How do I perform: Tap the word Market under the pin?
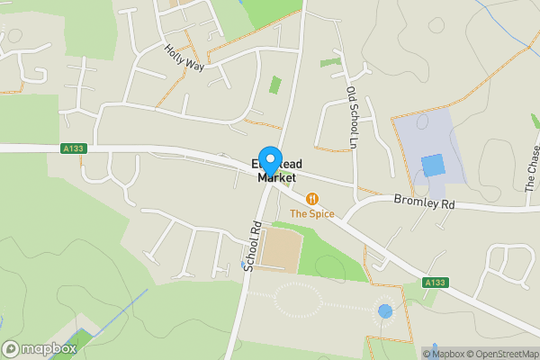point(276,178)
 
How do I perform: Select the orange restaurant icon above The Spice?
point(312,198)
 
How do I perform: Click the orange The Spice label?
point(312,214)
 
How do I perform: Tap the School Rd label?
point(253,246)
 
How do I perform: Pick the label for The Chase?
point(532,175)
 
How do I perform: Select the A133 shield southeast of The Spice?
point(435,283)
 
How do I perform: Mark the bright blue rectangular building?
point(433,166)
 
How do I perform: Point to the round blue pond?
point(385,311)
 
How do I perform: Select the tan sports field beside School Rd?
point(282,251)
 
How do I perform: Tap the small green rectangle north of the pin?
point(274,86)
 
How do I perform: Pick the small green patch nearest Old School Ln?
point(331,62)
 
